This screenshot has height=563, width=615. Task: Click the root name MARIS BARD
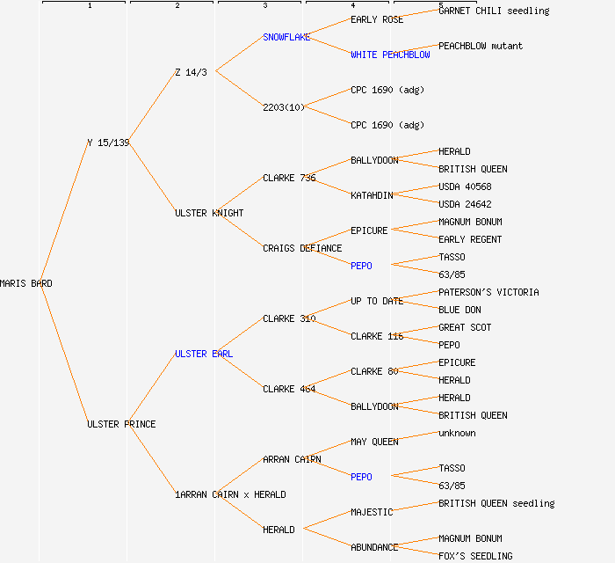[x=25, y=283]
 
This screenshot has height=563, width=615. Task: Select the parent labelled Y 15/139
[x=108, y=143]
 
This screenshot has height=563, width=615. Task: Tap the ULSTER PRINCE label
[x=121, y=424]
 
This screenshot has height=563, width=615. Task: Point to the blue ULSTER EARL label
[x=204, y=354]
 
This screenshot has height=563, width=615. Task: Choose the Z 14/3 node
[x=191, y=72]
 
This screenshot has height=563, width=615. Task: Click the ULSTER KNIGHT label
[x=209, y=213]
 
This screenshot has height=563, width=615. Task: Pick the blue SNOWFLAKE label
[x=286, y=37]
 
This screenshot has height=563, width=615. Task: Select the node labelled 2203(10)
[x=284, y=107]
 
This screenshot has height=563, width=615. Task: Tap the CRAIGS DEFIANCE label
[x=302, y=248]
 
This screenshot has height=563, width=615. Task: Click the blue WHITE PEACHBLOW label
[x=390, y=55]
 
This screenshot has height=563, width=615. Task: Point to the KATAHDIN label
[x=372, y=195]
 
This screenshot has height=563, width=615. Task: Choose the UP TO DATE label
[x=377, y=301]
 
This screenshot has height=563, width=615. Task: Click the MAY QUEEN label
[x=374, y=442]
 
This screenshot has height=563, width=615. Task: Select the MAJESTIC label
[x=372, y=512]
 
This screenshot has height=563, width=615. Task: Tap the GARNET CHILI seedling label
[x=494, y=11]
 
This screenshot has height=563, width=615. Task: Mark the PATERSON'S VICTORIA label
[x=488, y=292]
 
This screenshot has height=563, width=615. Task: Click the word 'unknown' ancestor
[x=457, y=433]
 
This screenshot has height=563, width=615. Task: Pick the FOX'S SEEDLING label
[x=475, y=556]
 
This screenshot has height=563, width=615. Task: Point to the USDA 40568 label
[x=465, y=186]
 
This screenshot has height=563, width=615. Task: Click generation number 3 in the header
[x=264, y=6]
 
